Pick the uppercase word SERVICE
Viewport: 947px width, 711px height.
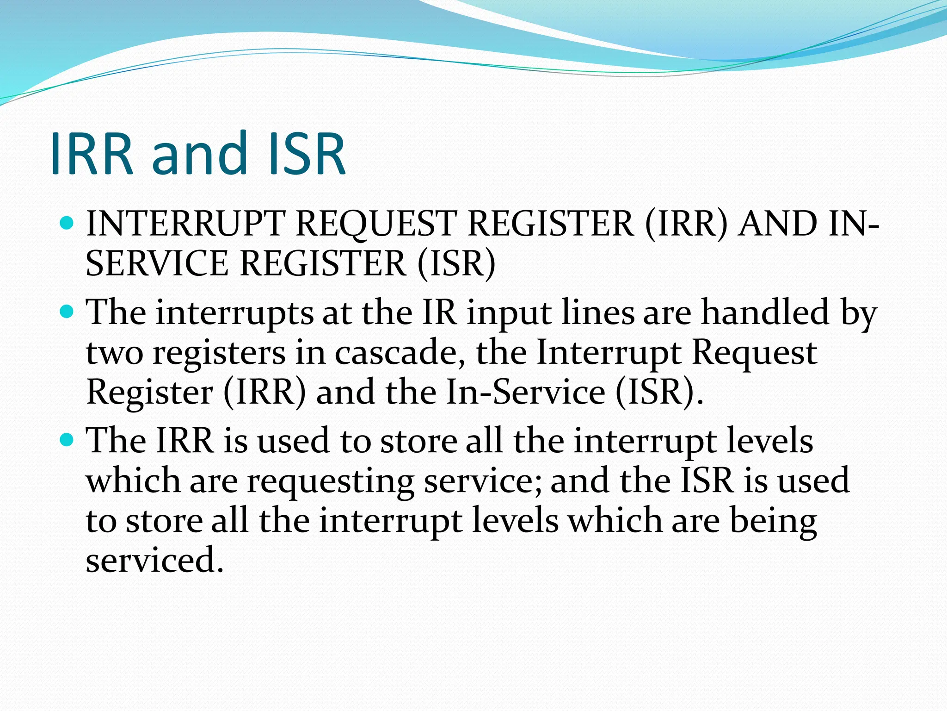157,264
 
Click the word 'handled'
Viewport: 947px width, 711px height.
765,312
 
